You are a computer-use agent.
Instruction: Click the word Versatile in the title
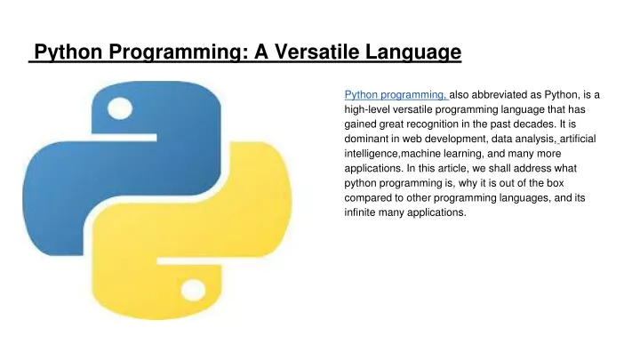point(316,52)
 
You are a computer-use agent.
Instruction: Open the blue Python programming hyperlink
point(396,95)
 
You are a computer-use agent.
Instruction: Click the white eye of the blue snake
point(120,108)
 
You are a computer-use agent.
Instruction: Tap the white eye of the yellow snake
point(193,290)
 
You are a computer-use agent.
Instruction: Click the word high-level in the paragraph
point(367,110)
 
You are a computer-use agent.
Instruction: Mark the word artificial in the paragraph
point(578,139)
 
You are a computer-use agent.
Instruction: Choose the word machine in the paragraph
point(420,154)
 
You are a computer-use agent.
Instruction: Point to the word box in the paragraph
point(555,183)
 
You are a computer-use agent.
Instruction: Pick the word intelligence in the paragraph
point(371,154)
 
